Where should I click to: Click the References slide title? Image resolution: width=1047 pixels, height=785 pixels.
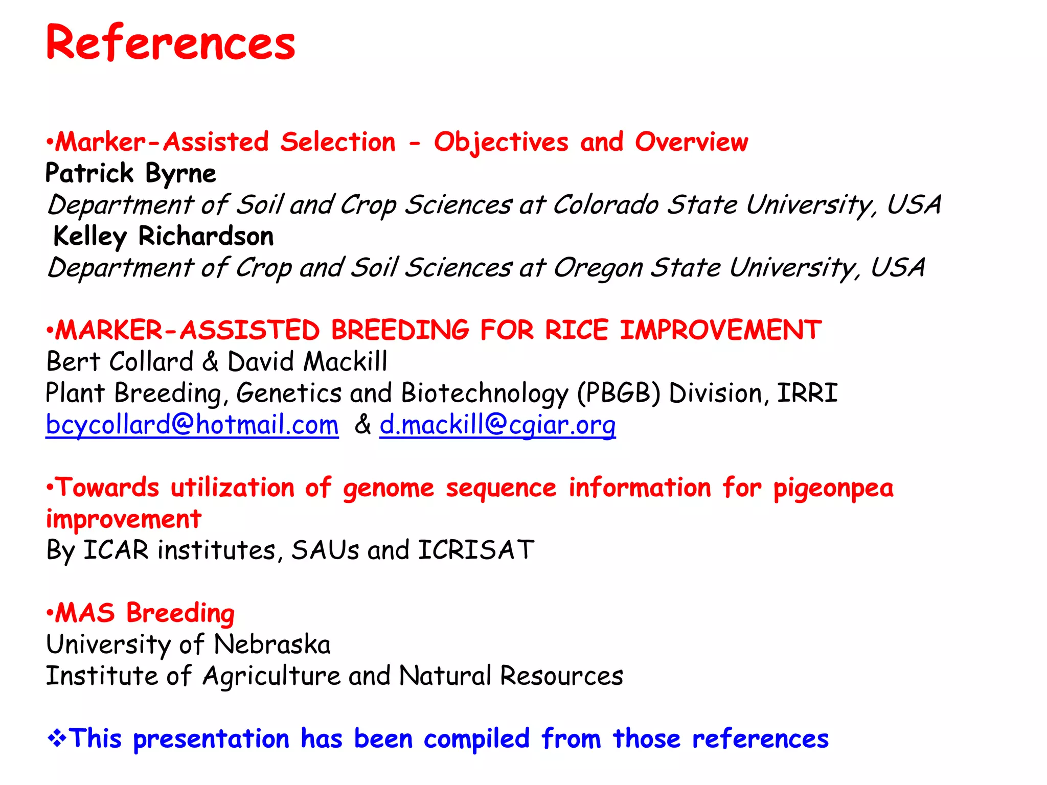[x=170, y=43]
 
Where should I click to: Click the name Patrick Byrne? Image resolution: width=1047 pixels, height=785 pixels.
[x=131, y=174]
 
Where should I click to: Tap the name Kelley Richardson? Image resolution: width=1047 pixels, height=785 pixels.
[x=164, y=237]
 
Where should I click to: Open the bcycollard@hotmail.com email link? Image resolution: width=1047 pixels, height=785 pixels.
[x=192, y=425]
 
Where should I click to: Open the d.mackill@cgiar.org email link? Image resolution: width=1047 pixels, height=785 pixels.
[x=497, y=425]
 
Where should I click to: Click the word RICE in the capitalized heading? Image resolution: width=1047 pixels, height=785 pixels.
[x=576, y=331]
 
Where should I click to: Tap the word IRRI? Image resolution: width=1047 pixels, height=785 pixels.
[x=807, y=394]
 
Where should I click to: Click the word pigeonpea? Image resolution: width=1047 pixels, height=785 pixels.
[x=833, y=489]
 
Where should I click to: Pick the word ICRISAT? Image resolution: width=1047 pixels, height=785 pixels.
[x=476, y=551]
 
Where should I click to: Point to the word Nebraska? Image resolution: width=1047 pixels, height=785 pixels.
[x=272, y=645]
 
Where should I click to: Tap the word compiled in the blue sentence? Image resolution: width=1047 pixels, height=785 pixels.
[x=476, y=740]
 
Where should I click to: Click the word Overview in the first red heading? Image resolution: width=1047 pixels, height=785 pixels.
[x=691, y=142]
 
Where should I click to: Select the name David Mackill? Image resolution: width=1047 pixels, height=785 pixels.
[x=307, y=362]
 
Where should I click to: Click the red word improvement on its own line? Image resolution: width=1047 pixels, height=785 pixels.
[x=124, y=520]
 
